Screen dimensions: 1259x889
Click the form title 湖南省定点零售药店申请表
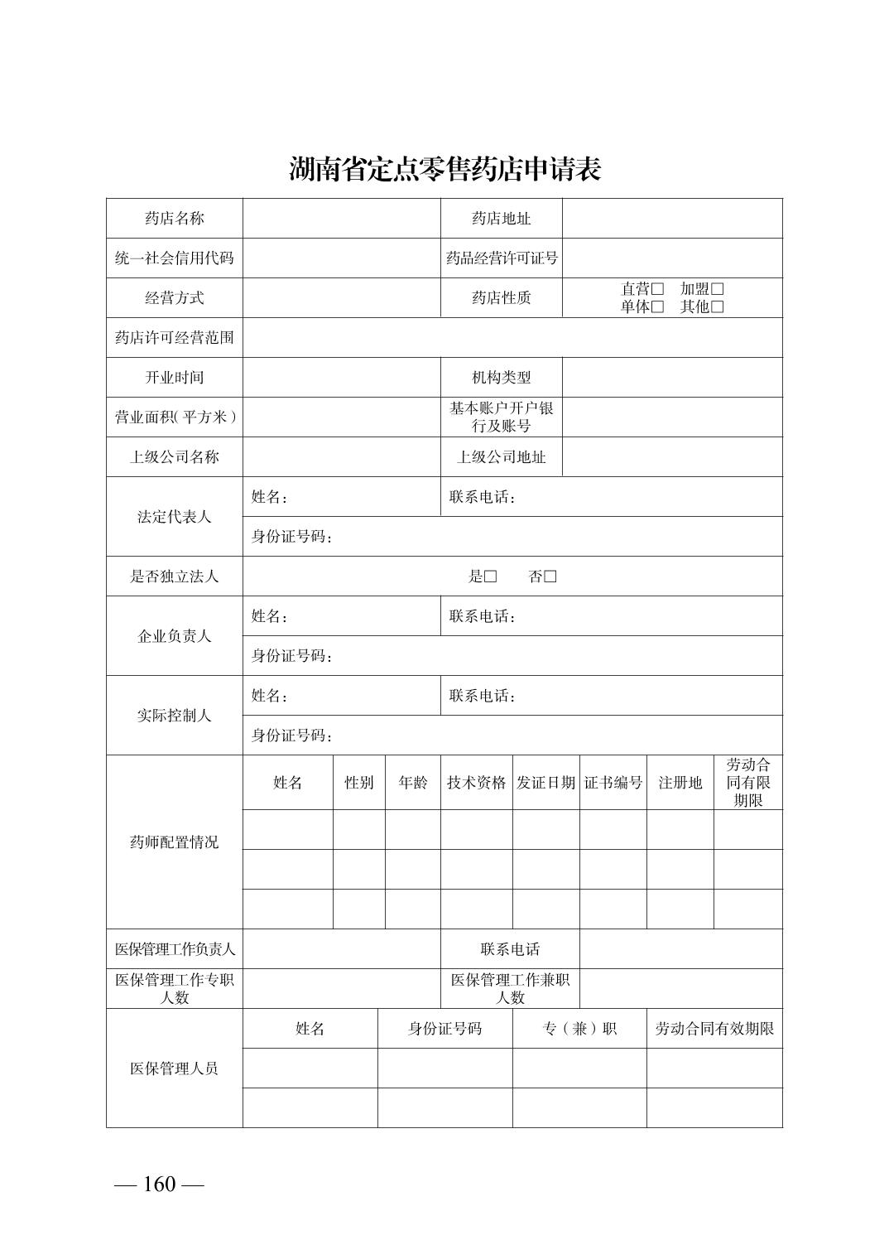pos(444,169)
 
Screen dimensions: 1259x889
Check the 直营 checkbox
pos(658,289)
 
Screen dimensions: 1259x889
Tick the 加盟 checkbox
pos(718,289)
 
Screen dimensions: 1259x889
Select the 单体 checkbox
pos(658,307)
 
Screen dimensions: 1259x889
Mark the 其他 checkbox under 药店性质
pos(718,307)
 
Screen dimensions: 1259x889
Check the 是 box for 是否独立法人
pos(491,576)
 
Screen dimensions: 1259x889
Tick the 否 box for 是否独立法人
pos(550,576)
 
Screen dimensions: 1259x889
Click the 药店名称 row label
pos(174,219)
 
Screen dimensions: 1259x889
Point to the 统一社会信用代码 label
pos(174,258)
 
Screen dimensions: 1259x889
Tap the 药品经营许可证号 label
pos(502,258)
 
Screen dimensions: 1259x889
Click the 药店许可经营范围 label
pos(174,338)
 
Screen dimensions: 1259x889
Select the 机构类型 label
pos(502,378)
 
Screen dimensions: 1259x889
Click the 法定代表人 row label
pos(174,517)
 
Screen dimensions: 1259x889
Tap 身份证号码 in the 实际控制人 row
pos(291,736)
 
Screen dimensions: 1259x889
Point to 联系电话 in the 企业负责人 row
pos(483,616)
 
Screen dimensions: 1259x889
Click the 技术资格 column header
pos(476,783)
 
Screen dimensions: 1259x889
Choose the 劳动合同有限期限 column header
pos(748,783)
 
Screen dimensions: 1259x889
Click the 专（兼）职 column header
pos(579,1029)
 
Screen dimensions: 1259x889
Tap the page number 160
pos(159,1184)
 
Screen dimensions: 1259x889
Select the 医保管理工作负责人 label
pos(174,949)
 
